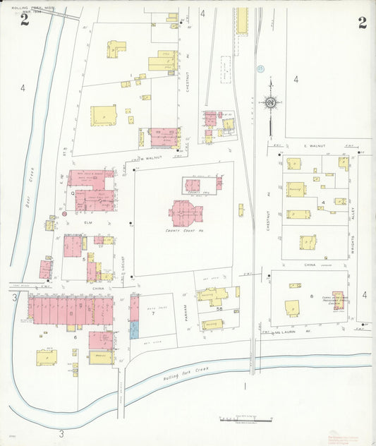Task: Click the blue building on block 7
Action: point(134,330)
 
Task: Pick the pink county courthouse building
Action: point(186,212)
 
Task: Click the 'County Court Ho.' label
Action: point(184,231)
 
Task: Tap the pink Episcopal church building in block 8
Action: point(338,301)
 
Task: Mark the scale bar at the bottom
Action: point(245,421)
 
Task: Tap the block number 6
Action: point(75,337)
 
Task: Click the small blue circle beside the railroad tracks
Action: point(260,69)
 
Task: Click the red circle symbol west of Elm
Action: point(64,213)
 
